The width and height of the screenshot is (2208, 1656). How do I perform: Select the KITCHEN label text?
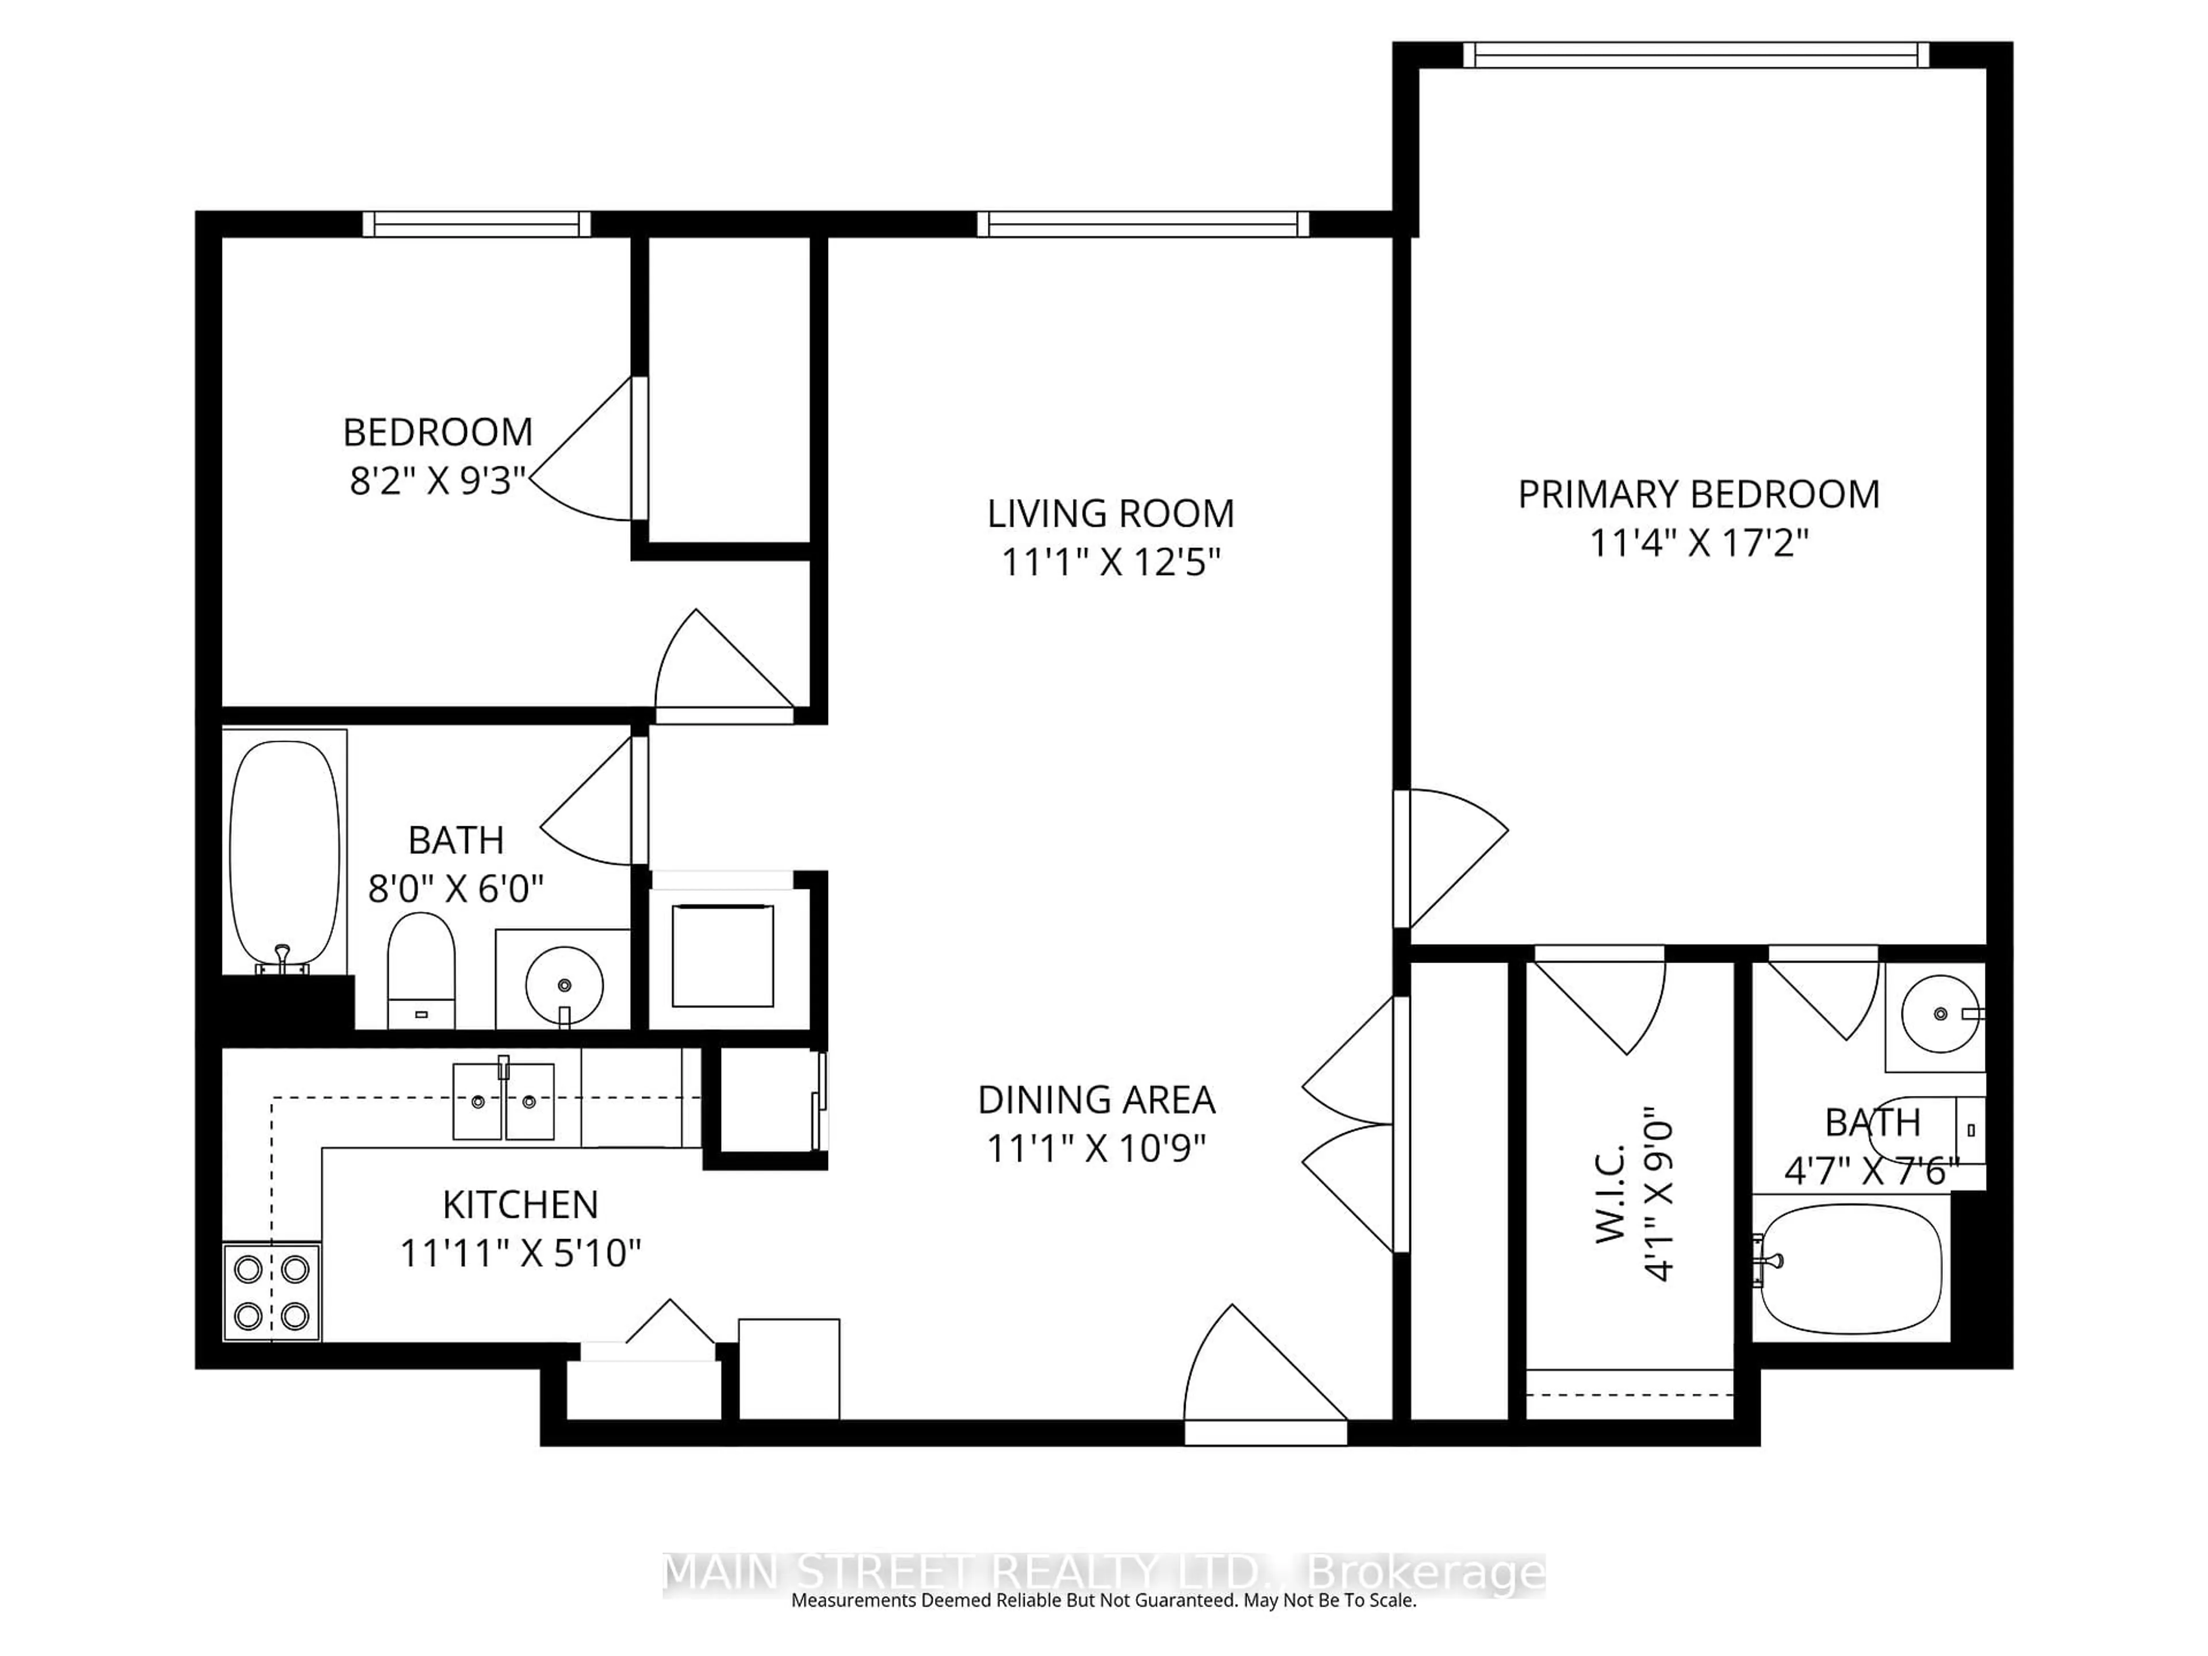click(520, 1205)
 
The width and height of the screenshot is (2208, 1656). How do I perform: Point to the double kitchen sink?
click(503, 1101)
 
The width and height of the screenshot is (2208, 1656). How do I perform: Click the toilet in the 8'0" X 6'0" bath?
click(421, 968)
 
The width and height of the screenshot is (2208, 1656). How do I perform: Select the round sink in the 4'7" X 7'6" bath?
click(1939, 1014)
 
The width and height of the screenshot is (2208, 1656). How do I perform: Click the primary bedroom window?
click(1696, 55)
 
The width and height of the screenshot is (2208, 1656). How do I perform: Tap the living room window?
click(1142, 225)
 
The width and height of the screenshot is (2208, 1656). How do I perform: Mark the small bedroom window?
click(476, 225)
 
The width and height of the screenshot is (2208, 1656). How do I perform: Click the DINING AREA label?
click(1096, 1100)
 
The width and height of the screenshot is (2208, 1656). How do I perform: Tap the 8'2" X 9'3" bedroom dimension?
click(437, 481)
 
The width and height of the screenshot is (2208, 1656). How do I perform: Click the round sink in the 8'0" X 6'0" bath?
click(564, 984)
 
